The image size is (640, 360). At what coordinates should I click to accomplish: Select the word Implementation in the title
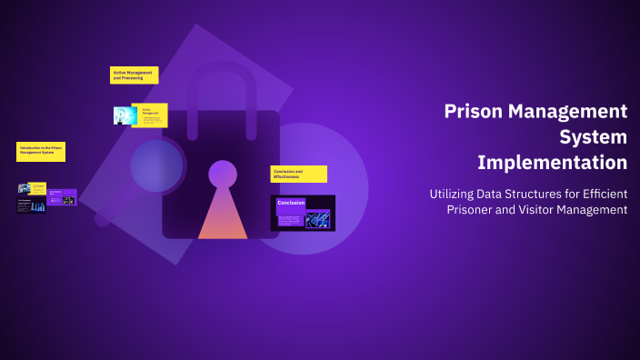point(553,164)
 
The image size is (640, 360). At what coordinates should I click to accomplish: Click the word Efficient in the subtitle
point(601,194)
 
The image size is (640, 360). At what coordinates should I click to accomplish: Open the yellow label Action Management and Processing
point(135,75)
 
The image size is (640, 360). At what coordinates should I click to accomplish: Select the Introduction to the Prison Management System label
point(41,151)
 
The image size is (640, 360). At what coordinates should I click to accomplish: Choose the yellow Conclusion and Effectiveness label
point(298,174)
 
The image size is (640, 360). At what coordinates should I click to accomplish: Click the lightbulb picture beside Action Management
point(124,115)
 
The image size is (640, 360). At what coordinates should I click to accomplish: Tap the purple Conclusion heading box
point(291,203)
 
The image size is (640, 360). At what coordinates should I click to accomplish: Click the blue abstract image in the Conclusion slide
point(317,218)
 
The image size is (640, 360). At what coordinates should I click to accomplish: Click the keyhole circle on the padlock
point(223,173)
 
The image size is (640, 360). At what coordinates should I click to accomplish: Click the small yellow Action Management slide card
point(151,115)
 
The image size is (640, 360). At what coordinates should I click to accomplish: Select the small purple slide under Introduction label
point(62,196)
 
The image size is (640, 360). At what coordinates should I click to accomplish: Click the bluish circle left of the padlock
point(156,165)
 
